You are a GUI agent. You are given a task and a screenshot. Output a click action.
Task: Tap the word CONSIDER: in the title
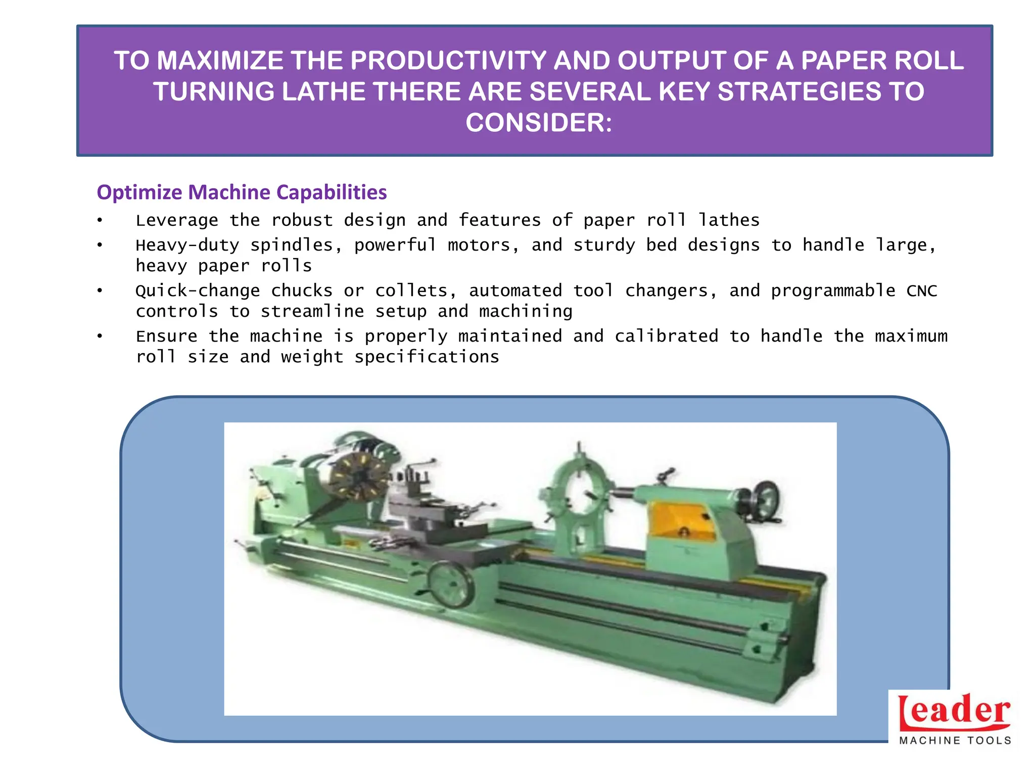[539, 123]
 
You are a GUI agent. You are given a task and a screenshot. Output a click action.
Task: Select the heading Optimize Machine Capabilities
[242, 192]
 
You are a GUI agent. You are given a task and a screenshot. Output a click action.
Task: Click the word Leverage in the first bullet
[177, 220]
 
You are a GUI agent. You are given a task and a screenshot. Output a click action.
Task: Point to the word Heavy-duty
[187, 246]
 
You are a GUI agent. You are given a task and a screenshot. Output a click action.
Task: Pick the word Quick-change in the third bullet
[198, 291]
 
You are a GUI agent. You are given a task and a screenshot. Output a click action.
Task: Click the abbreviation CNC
[922, 291]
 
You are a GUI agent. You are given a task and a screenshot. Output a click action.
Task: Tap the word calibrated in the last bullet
[666, 336]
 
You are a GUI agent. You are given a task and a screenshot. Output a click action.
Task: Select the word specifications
[427, 357]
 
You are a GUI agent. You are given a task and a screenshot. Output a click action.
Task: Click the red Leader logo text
[954, 711]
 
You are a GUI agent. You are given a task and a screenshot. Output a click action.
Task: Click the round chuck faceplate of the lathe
[358, 477]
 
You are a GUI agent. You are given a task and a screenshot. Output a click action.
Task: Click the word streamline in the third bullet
[312, 312]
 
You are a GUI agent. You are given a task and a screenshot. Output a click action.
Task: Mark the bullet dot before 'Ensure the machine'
[100, 336]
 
